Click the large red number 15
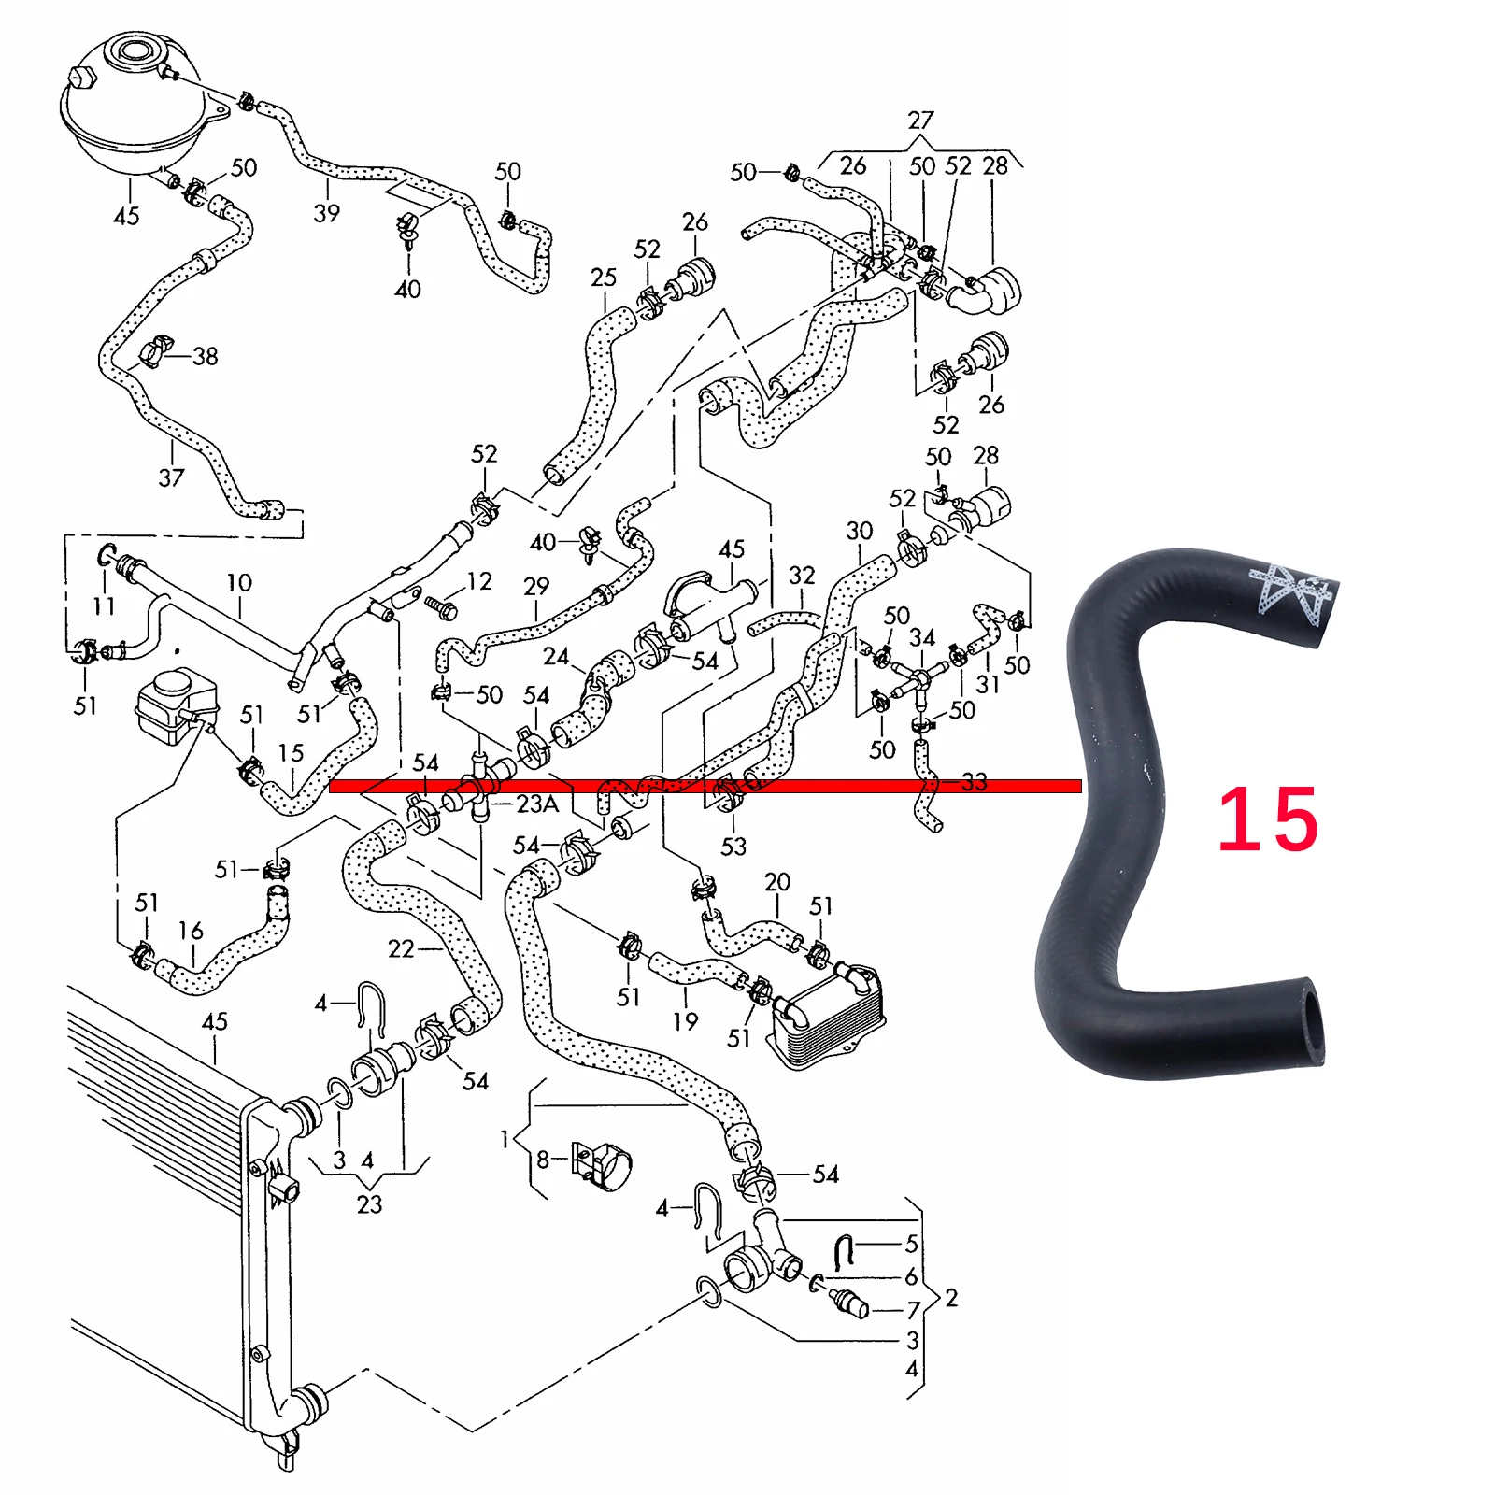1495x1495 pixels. [1267, 819]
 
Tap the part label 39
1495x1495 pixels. [326, 213]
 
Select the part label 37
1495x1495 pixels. [171, 477]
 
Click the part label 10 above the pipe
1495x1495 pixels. [239, 583]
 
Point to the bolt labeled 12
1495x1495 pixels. [440, 606]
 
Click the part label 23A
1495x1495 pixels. [537, 804]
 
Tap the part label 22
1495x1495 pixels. [401, 949]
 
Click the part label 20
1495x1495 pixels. [777, 882]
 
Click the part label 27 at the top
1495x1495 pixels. [920, 121]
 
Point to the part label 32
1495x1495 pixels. [802, 576]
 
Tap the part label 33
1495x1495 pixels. [974, 782]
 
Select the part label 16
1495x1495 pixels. [191, 931]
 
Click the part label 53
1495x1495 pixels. [733, 847]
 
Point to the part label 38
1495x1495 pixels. [206, 356]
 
